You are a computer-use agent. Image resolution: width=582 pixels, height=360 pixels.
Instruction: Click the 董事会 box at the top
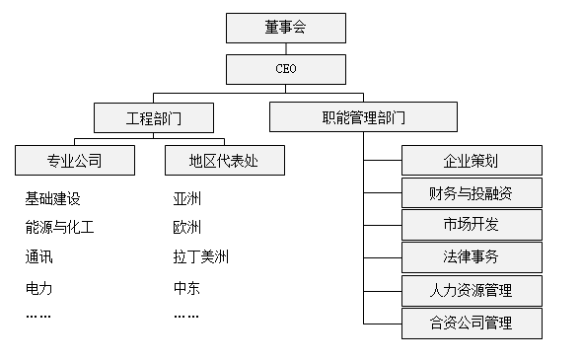[x=285, y=28]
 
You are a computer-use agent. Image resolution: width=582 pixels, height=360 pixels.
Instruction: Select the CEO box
[x=285, y=69]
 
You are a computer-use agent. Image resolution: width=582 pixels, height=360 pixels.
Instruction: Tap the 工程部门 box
[x=153, y=118]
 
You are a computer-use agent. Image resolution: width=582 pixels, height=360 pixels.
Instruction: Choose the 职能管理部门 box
[x=363, y=118]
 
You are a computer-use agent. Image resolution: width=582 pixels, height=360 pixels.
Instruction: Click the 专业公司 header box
[x=75, y=160]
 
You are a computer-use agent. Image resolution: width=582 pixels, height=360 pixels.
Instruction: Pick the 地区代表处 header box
[x=224, y=160]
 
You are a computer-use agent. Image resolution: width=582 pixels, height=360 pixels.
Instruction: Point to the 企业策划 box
[x=472, y=160]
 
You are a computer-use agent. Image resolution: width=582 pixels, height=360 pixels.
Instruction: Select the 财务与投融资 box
[x=472, y=191]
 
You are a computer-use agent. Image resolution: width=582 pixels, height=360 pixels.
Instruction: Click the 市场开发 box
[x=472, y=224]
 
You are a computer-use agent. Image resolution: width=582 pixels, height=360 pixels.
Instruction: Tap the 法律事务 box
[x=472, y=257]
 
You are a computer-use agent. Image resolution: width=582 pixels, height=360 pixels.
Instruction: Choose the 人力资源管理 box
[x=472, y=291]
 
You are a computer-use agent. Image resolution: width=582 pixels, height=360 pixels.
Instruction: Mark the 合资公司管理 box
[x=472, y=323]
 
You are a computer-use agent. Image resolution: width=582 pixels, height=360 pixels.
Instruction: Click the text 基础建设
[x=52, y=199]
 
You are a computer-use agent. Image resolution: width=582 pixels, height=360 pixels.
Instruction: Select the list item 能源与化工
[x=59, y=228]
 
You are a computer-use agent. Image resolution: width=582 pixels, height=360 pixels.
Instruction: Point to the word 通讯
[x=38, y=257]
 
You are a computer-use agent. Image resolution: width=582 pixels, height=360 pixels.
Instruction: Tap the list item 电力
[x=38, y=288]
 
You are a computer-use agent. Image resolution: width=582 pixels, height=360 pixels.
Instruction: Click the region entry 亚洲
[x=186, y=199]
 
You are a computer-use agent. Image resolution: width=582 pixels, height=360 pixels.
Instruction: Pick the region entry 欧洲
[x=186, y=228]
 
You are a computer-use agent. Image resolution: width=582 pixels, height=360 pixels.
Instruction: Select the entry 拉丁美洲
[x=200, y=257]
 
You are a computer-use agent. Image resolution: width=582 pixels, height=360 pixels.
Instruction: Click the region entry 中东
[x=186, y=288]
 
